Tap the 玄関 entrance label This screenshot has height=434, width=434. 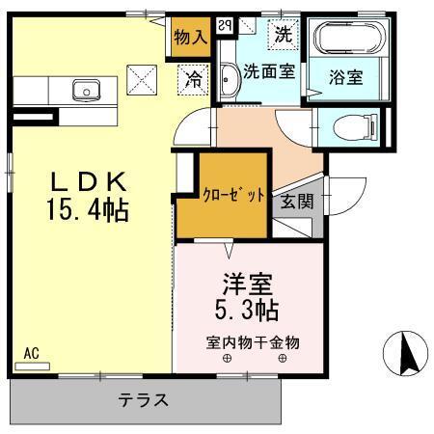point(295,204)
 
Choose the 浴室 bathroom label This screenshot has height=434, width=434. point(345,74)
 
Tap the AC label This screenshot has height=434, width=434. point(31,354)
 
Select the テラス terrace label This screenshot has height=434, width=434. point(145,400)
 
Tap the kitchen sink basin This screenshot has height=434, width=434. point(85,92)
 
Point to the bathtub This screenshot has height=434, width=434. point(349,40)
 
